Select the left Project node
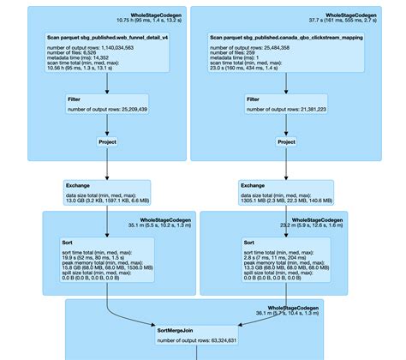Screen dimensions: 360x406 point(107,141)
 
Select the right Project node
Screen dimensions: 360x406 point(286,141)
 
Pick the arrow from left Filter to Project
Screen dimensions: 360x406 point(107,126)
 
